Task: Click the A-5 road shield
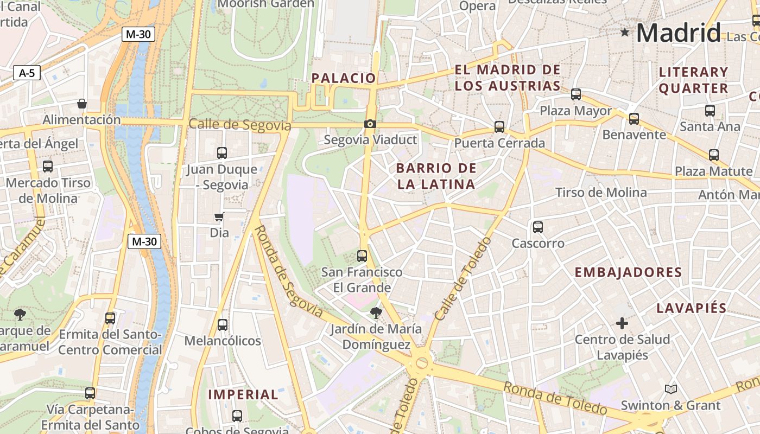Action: (27, 73)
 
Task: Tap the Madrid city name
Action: (678, 33)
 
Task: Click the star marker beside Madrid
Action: (625, 33)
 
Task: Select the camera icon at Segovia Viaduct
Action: (370, 124)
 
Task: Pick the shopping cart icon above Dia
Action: (219, 217)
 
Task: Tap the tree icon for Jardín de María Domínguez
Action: (376, 312)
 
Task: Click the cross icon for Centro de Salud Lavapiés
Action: (622, 324)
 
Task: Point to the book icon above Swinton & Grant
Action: (671, 389)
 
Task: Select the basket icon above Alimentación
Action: (82, 104)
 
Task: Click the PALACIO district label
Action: (344, 78)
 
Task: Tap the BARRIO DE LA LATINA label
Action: (436, 176)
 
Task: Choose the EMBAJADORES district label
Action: (628, 272)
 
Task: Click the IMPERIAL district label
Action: (243, 395)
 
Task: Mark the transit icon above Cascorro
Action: (538, 227)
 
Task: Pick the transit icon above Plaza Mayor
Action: (576, 94)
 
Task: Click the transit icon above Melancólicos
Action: (223, 325)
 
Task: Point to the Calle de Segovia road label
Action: (240, 125)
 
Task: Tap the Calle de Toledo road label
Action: (463, 278)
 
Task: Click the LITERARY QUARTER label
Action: (693, 80)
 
